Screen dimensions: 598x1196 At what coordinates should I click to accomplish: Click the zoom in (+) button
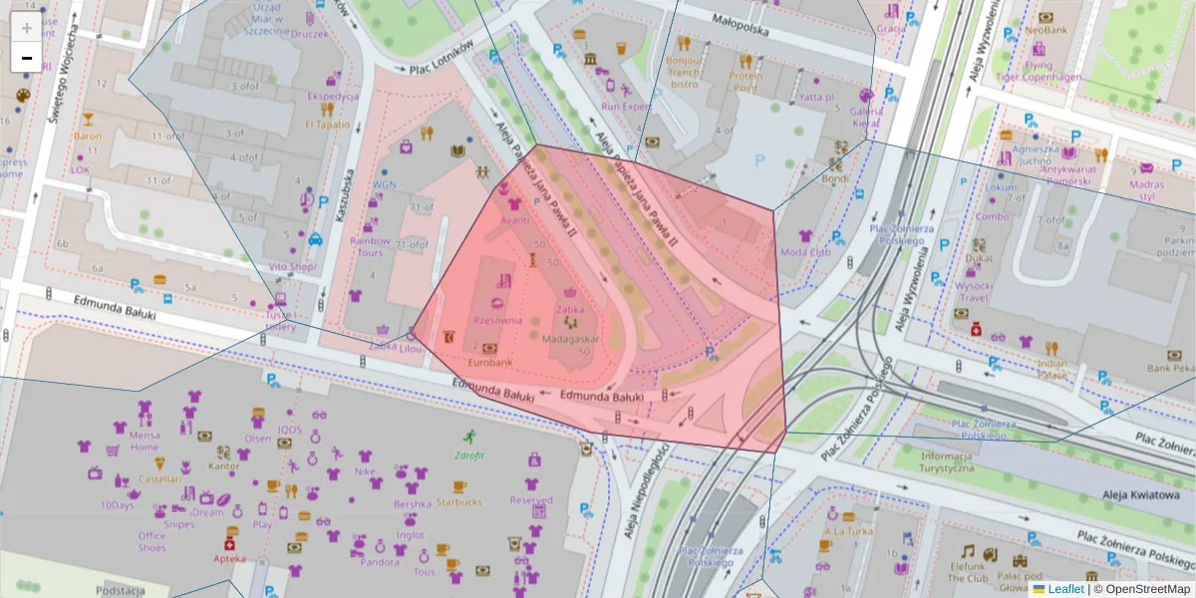coord(27,28)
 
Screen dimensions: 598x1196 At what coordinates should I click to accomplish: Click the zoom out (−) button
coord(27,58)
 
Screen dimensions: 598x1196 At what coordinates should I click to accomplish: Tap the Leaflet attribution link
coord(1065,589)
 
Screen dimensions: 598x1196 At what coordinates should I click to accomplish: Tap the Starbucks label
coord(458,501)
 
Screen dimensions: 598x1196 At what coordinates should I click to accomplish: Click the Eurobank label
coord(489,362)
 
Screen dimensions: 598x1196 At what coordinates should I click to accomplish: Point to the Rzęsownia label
coord(497,320)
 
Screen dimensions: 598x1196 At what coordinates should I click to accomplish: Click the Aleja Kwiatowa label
coord(1141,493)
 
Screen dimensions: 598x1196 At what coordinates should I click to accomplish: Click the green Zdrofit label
coord(468,455)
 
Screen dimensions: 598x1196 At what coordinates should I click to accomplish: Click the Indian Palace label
coord(1051,371)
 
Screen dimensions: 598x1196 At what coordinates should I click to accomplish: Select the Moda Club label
coord(805,252)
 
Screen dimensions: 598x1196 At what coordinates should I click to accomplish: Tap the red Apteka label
coord(229,558)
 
